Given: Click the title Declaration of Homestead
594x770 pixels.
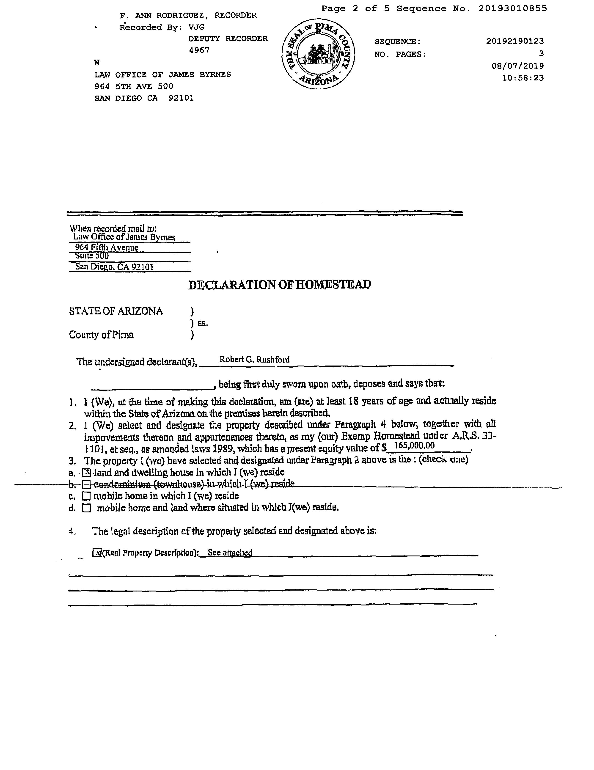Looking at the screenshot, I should coord(280,285).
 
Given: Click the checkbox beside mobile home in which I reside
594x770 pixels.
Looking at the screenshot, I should coord(86,496).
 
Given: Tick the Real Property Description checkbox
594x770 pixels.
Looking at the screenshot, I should coord(96,553).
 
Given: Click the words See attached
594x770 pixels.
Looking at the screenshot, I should coord(230,553).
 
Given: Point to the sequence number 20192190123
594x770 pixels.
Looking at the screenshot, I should coord(515,41).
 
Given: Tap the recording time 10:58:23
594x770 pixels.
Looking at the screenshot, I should coord(522,78).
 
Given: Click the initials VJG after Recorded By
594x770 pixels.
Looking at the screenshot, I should coord(196,27).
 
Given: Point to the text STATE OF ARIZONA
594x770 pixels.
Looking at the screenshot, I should coord(116,311).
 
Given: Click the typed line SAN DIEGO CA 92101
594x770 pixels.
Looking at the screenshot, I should coord(144,98).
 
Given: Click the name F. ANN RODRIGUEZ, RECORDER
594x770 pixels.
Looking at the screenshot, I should coord(188,16).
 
